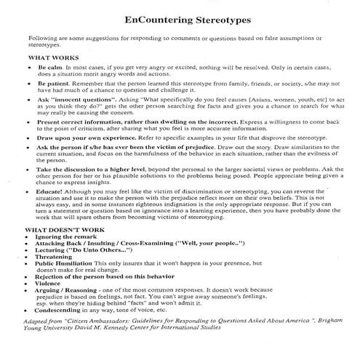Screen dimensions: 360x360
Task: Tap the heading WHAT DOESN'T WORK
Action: [60, 229]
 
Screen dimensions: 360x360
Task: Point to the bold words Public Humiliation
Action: [69, 263]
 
